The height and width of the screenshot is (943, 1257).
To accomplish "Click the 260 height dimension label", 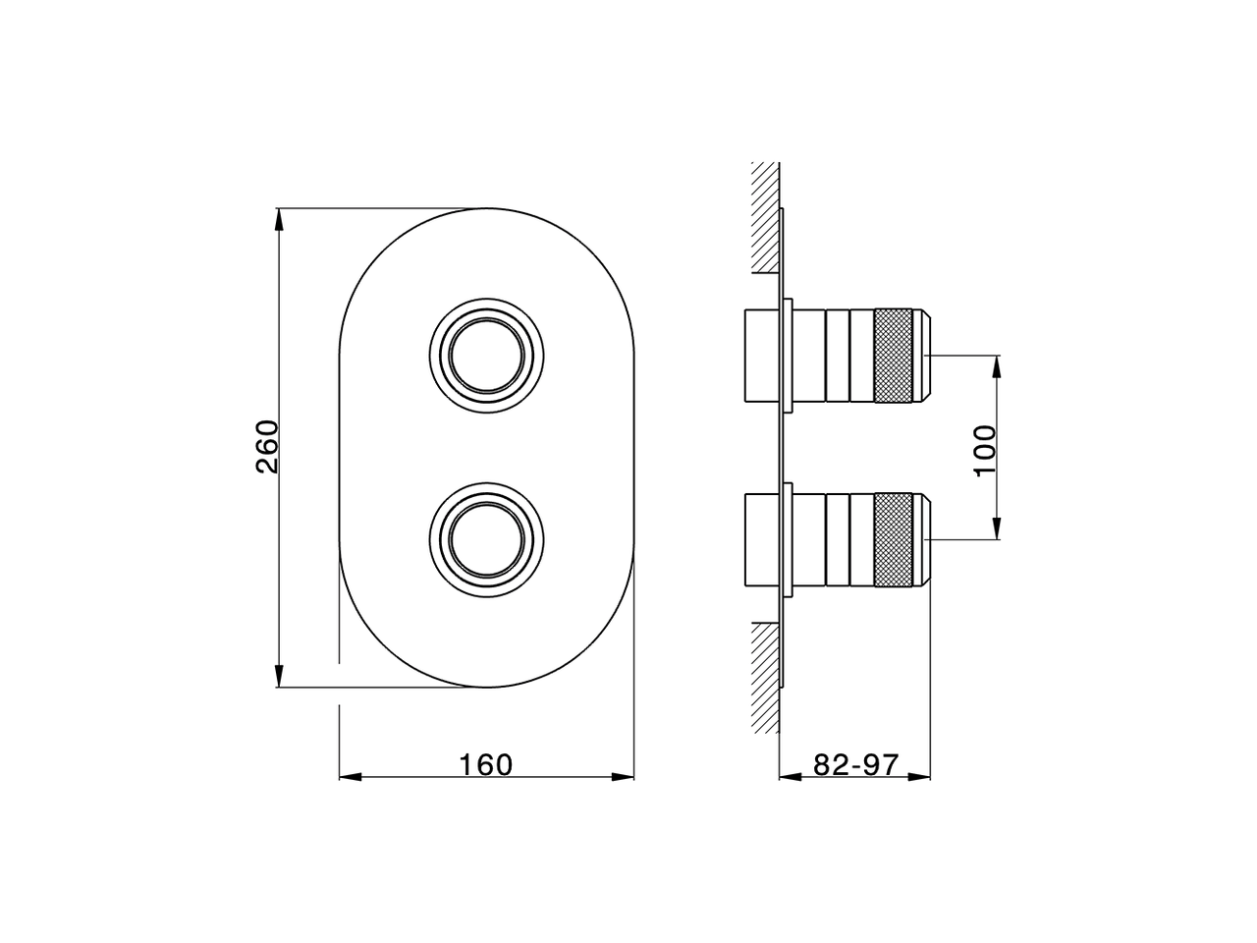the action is point(267,447).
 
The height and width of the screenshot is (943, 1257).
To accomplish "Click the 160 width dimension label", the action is point(486,765).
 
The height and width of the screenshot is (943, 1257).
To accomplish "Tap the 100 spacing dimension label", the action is point(985,450).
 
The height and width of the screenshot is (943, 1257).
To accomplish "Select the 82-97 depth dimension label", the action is point(856,764).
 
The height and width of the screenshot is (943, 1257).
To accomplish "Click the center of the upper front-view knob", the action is point(487,356).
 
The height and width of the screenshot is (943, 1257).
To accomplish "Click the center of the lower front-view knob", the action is point(487,540).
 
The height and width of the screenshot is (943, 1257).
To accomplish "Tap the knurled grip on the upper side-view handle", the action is point(894,356).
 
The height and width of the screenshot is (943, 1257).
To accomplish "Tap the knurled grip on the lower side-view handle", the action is point(894,539).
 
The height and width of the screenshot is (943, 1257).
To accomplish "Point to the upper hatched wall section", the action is point(766,217).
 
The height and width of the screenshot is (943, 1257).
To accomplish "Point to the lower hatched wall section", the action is point(766,678).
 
